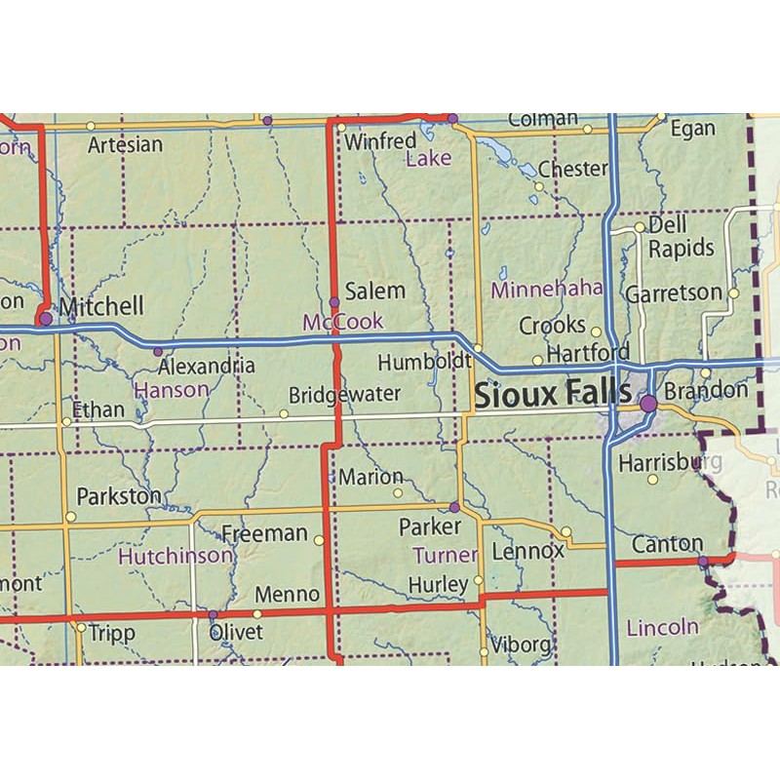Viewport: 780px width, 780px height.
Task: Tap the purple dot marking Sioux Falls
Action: point(647,402)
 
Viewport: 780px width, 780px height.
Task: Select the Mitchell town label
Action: point(100,306)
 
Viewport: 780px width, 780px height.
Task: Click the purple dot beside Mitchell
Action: point(45,318)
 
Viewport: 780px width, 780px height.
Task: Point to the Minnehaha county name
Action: point(547,290)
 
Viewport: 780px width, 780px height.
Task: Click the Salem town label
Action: point(374,291)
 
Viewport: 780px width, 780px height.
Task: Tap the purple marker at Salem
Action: point(334,302)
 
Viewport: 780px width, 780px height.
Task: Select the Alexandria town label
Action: point(207,367)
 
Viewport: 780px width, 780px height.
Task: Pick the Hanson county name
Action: point(172,390)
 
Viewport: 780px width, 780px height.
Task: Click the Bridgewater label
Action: point(345,395)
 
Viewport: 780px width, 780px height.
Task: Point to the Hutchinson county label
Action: point(175,557)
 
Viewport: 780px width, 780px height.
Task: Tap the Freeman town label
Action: point(264,533)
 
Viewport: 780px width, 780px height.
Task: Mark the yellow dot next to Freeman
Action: point(319,539)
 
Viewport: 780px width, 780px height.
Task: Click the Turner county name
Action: point(446,556)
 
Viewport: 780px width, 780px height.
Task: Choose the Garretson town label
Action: point(674,292)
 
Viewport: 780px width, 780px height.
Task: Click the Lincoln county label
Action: point(663,626)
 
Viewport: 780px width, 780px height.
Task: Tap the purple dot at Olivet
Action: point(213,615)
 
